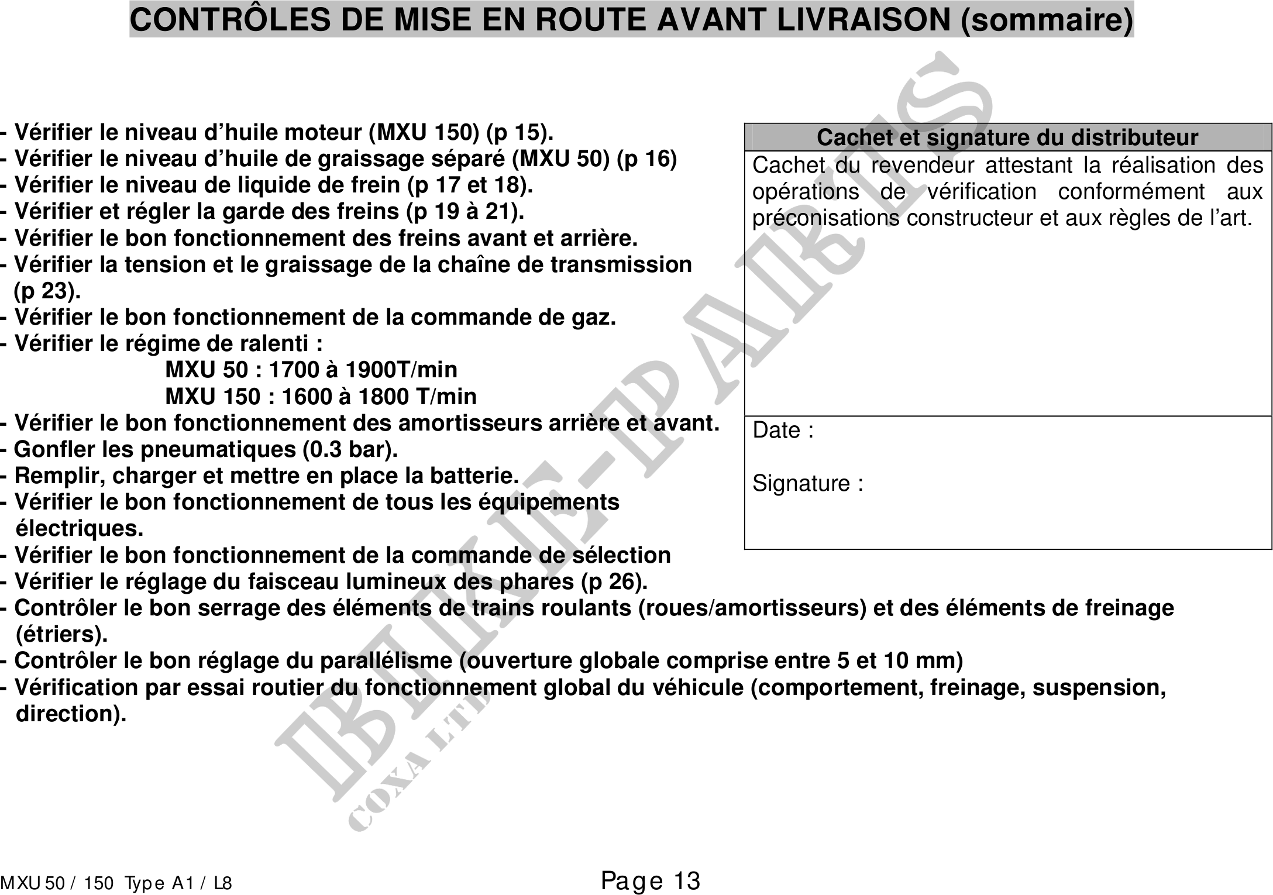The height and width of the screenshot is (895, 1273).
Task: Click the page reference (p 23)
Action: (47, 291)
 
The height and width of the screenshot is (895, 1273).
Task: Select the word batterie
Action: (474, 476)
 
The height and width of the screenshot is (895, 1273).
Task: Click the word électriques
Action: (80, 529)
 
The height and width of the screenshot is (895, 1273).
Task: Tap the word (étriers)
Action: (61, 635)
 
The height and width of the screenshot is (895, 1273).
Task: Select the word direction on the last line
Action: (70, 714)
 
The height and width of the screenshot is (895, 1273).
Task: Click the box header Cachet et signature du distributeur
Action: (1007, 137)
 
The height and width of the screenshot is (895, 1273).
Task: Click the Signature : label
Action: (807, 484)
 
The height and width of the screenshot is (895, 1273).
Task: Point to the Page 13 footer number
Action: (651, 881)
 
